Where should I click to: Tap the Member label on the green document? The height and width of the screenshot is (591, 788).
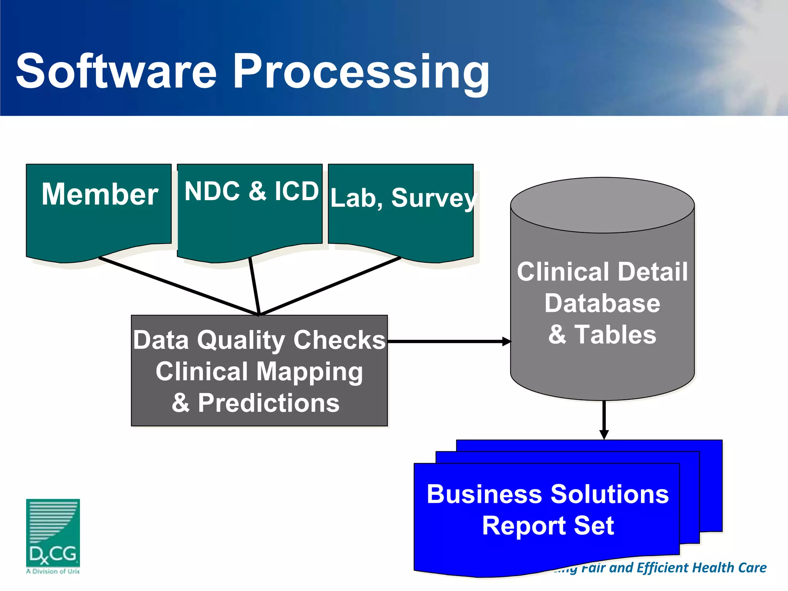100,194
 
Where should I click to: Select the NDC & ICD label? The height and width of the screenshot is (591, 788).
252,191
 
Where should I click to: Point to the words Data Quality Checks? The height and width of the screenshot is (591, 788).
259,340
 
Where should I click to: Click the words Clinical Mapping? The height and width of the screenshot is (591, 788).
259,372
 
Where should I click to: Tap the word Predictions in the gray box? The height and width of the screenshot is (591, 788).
269,403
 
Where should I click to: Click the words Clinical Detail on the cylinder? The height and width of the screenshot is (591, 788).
602,272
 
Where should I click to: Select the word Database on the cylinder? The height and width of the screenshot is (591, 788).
602,303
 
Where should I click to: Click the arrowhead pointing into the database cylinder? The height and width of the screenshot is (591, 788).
506,341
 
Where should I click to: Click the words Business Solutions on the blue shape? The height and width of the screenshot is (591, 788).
548,494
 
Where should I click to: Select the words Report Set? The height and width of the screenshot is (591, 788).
548,526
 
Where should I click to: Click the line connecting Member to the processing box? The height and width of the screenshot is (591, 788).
177,286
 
